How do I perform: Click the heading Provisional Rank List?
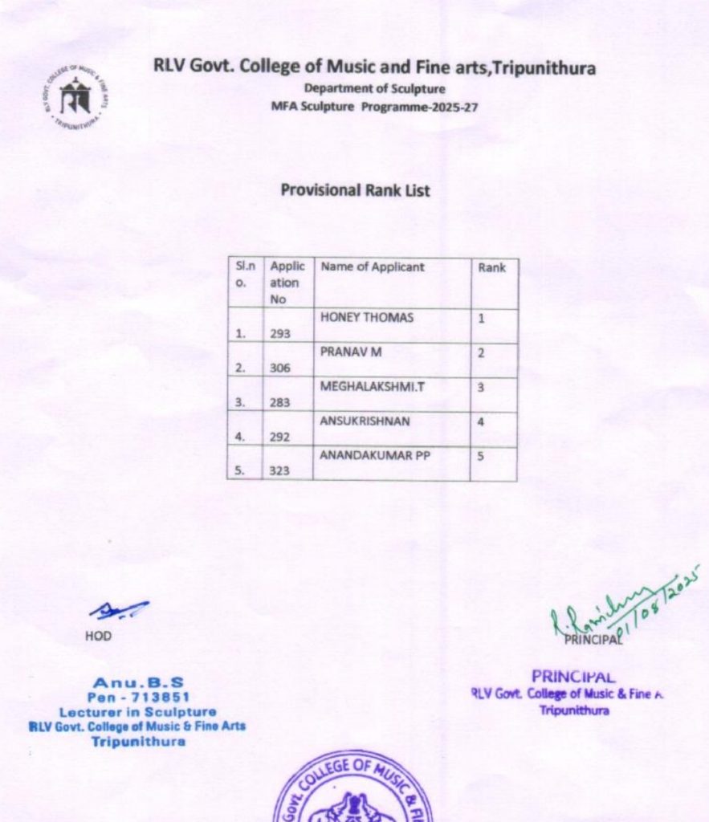click(355, 191)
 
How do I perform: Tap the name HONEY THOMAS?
click(367, 318)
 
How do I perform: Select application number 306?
click(280, 368)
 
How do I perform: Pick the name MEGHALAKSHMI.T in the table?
click(373, 387)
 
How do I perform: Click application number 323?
click(280, 471)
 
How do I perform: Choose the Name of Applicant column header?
click(373, 267)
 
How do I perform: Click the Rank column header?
click(491, 268)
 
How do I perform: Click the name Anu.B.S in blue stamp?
click(138, 683)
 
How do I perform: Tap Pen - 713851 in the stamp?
click(138, 697)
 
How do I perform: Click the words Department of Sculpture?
click(374, 89)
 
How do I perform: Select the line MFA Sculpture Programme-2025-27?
click(374, 106)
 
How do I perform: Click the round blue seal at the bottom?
click(353, 791)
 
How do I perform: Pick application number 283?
click(280, 402)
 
